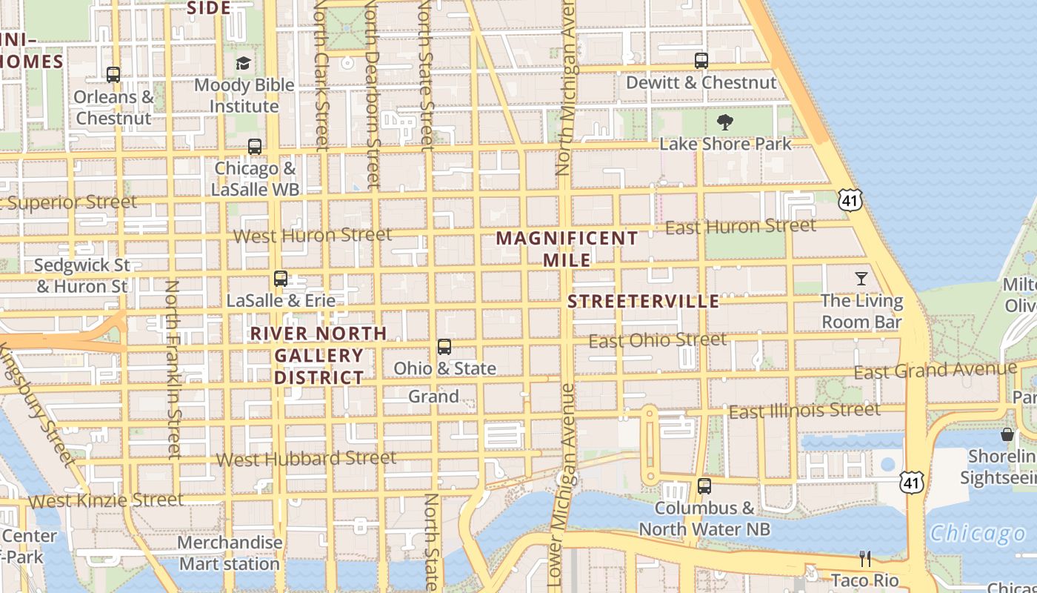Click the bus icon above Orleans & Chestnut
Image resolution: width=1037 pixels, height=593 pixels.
coord(113,75)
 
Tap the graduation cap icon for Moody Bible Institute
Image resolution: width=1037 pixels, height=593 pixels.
coord(243,63)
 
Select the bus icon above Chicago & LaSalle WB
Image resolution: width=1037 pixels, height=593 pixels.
coord(255,146)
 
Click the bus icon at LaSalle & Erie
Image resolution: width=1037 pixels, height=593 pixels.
coord(281,279)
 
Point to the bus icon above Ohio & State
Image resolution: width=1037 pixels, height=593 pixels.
coord(444,346)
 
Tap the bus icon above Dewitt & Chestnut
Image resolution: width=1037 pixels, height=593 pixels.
coord(701,61)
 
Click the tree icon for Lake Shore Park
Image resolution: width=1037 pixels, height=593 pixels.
coord(725,122)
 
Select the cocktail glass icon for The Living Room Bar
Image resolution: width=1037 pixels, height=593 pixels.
coord(861,279)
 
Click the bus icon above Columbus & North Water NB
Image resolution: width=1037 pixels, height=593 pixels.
coord(704,486)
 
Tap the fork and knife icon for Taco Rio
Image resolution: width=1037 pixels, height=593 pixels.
coord(864,558)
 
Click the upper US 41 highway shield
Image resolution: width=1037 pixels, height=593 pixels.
coord(850,199)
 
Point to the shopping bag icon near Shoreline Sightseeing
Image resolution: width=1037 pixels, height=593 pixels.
coord(1007,434)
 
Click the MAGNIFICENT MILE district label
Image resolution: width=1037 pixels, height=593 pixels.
coord(567,249)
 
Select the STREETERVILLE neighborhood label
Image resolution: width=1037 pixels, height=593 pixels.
coord(643,301)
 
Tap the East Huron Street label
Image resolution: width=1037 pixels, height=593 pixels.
coord(740,226)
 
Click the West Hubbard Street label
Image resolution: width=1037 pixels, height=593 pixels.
coord(306,459)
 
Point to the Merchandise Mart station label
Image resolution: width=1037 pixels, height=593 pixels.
coord(230,553)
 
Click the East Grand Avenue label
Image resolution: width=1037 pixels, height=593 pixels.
coord(935,370)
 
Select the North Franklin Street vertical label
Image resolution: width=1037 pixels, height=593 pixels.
coord(173,368)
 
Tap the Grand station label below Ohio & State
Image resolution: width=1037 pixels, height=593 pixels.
coord(433,397)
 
